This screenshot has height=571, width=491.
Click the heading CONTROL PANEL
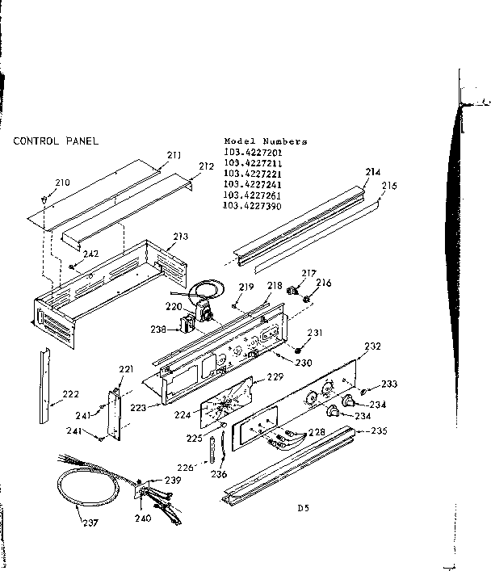pyautogui.click(x=55, y=141)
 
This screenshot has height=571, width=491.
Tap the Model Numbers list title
pyautogui.click(x=265, y=141)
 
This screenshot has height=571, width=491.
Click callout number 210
pyautogui.click(x=62, y=183)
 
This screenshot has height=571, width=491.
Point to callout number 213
pyautogui.click(x=179, y=237)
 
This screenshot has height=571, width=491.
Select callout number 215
pyautogui.click(x=389, y=186)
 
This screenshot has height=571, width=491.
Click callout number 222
pyautogui.click(x=70, y=394)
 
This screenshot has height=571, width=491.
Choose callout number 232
pyautogui.click(x=372, y=346)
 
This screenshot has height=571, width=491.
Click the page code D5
pyautogui.click(x=303, y=508)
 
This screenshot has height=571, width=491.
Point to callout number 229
pyautogui.click(x=275, y=377)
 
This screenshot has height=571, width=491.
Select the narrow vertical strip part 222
pyautogui.click(x=43, y=386)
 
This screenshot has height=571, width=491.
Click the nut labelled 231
pyautogui.click(x=298, y=348)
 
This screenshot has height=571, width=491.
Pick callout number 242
pyautogui.click(x=90, y=254)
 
